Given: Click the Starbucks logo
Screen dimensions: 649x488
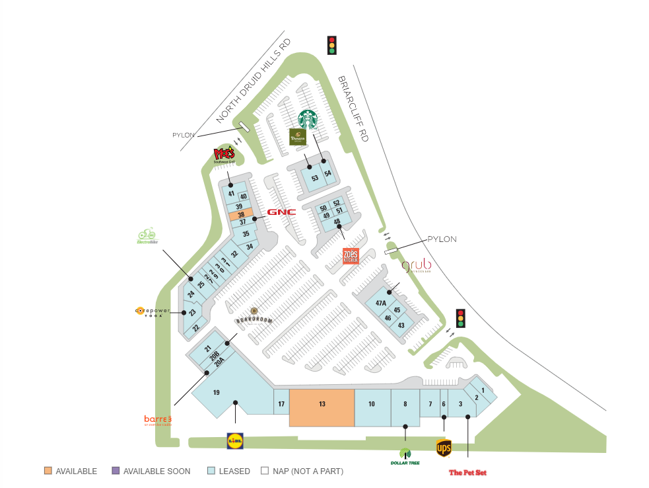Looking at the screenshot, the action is (308, 120).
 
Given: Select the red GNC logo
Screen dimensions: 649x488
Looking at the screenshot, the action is (281, 212).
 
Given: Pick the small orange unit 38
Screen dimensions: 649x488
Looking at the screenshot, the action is (242, 215).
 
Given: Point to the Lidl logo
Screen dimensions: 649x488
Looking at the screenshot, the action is (235, 440).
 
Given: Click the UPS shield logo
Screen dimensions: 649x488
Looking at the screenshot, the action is (444, 448).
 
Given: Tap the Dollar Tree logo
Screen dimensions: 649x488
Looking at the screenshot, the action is (405, 456).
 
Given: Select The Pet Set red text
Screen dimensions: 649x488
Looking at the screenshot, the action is (467, 472).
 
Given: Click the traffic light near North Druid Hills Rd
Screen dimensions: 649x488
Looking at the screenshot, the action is (332, 45).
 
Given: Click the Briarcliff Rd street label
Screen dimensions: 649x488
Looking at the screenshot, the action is (353, 108).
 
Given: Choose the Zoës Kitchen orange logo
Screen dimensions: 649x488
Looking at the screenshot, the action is (351, 257).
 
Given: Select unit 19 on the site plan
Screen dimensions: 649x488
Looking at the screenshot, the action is (216, 393).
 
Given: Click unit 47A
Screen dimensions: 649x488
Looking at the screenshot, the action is (381, 303).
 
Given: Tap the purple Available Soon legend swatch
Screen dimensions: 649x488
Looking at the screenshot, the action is (116, 471).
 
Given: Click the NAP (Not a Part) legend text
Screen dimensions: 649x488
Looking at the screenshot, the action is (306, 471).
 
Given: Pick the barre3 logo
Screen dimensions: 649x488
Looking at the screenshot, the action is (158, 420).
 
